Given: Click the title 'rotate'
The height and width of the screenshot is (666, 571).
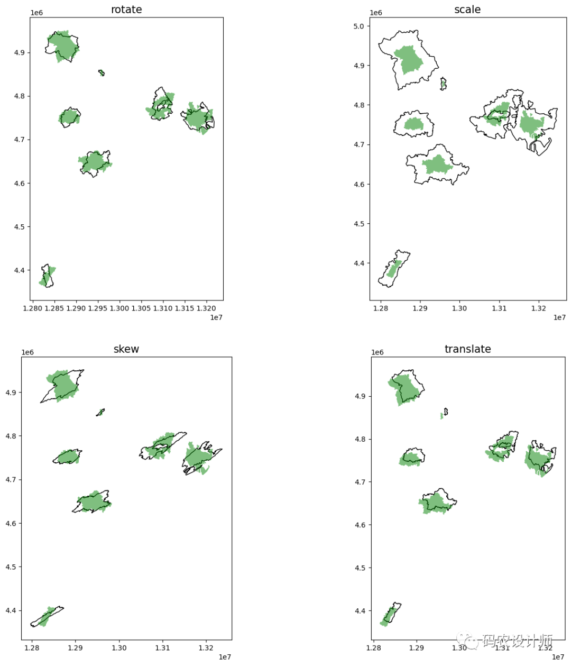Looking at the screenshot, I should (x=126, y=10).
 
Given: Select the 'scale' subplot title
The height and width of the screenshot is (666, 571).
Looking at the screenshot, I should (x=467, y=10).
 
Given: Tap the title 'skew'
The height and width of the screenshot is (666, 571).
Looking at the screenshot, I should (x=126, y=349).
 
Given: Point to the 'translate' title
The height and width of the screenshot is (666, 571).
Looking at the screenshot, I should (x=467, y=349).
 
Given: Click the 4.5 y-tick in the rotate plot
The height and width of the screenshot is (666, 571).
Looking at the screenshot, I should (x=19, y=227).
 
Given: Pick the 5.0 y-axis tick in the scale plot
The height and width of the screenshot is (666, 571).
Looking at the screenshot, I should (x=358, y=26).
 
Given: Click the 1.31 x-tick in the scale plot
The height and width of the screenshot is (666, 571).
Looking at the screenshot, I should (x=499, y=308).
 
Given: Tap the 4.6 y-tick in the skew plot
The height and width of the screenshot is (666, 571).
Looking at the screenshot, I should (x=11, y=524).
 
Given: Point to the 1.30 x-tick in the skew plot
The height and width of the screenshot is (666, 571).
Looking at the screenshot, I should (x=119, y=647).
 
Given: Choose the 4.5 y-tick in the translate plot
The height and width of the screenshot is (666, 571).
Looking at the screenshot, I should (x=360, y=568).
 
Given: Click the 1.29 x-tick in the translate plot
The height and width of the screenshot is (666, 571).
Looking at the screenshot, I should (x=417, y=647).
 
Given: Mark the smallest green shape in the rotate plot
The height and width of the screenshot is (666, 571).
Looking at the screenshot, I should (x=101, y=72).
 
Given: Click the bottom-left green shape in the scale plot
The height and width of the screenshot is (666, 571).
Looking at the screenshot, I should (x=393, y=269).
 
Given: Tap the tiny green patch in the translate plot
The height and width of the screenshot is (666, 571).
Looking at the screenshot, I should (x=442, y=416).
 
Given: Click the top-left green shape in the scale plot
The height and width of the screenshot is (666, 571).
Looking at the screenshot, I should (x=409, y=60).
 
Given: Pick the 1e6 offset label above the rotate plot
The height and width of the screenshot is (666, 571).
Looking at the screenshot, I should (x=36, y=13).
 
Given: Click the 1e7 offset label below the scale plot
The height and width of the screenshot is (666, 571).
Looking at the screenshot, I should (x=559, y=317).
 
